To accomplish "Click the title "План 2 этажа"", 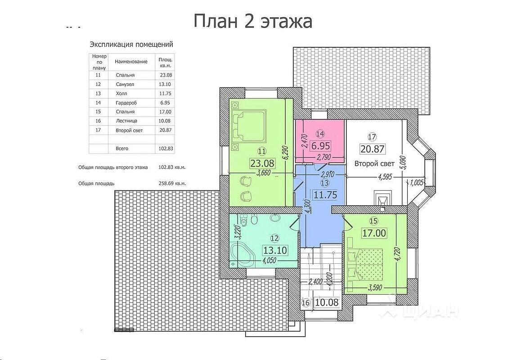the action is point(253,22).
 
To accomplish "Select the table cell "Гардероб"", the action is point(126,103).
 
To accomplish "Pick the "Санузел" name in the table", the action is point(125,84).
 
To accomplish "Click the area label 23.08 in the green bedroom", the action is point(262,163).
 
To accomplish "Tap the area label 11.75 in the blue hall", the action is point(325,195).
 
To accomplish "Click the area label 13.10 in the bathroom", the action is point(275,250).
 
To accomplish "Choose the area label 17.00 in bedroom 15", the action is point(374,233).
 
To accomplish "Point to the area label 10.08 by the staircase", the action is point(327,302).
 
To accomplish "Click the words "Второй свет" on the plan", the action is point(374,163).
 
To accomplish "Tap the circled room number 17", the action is point(372,136).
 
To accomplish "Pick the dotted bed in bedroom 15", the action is point(365,264).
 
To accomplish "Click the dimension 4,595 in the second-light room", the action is point(385,177).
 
